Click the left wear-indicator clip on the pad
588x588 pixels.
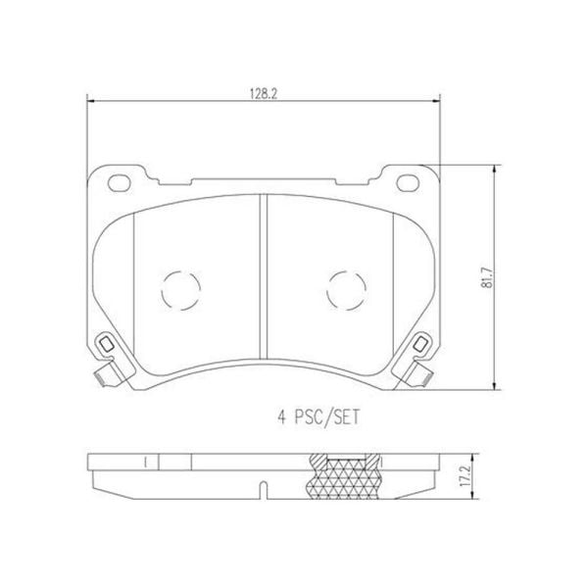(x=104, y=347)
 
